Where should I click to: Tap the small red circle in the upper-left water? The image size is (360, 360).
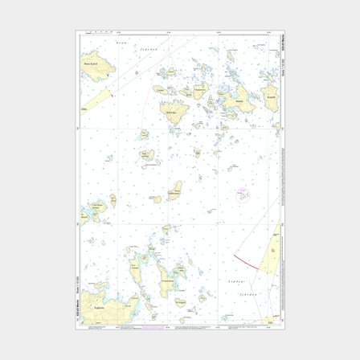[x=136, y=72]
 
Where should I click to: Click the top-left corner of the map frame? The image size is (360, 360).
[x=78, y=33]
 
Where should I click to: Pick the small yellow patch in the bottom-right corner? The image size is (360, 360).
[x=271, y=319]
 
